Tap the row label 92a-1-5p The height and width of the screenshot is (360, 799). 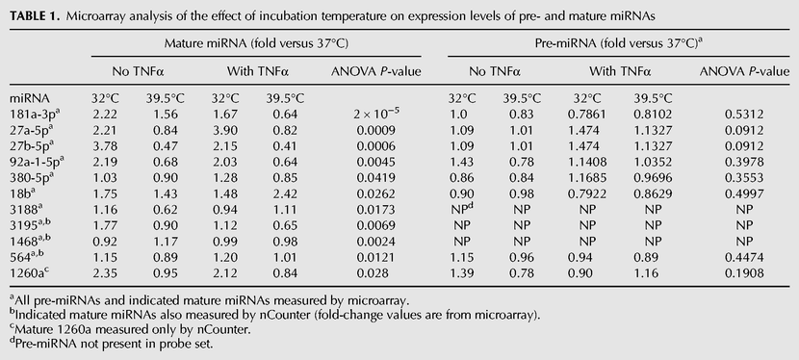tap(37, 162)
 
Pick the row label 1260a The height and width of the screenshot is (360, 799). tap(30, 273)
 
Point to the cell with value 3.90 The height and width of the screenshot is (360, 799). tap(224, 130)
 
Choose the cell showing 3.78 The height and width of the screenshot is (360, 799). tap(105, 146)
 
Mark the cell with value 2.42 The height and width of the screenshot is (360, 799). tap(285, 194)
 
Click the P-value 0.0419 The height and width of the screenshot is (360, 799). tap(376, 178)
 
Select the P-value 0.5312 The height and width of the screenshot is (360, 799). tap(744, 115)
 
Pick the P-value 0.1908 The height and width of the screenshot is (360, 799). tap(744, 273)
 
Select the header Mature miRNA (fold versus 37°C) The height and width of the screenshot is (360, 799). tap(256, 43)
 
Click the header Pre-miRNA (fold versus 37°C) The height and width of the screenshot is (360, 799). tap(619, 42)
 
